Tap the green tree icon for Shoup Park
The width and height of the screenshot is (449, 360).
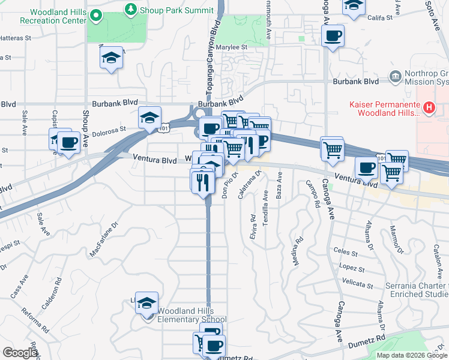130,10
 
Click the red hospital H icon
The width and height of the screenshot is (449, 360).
429,107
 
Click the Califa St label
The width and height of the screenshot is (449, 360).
379,18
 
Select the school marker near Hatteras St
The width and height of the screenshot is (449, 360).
111,58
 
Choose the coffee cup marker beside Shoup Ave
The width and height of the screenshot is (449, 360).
69,143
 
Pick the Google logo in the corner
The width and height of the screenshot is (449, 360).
20,353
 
